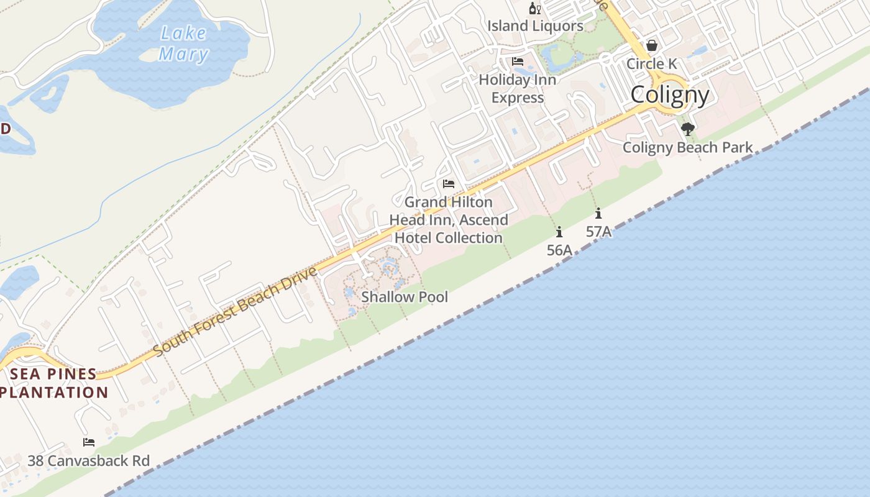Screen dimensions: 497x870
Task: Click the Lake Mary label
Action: click(x=183, y=43)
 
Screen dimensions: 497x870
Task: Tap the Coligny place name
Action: click(x=670, y=95)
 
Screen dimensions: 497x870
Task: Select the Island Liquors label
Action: click(x=535, y=26)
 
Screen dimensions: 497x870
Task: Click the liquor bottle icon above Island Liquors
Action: click(x=534, y=9)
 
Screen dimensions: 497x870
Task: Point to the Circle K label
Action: click(x=651, y=63)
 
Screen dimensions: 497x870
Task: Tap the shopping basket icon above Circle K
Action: click(x=651, y=45)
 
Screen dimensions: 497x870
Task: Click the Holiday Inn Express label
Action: click(x=517, y=89)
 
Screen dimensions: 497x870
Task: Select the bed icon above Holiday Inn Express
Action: click(x=517, y=62)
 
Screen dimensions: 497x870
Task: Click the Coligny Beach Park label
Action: click(x=687, y=148)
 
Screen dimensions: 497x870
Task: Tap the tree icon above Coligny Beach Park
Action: click(x=687, y=129)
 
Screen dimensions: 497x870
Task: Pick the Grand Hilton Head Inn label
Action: click(x=449, y=220)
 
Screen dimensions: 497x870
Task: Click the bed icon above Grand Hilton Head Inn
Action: click(x=449, y=184)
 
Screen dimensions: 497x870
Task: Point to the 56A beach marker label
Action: click(x=559, y=250)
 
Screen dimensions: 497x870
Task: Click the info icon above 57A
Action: click(x=598, y=214)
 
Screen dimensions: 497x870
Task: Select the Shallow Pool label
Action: click(x=405, y=297)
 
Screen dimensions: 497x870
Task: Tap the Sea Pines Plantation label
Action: click(x=54, y=383)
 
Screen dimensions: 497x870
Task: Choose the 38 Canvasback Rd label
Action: click(x=89, y=461)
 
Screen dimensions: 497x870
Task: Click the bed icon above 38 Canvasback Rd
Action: click(x=89, y=442)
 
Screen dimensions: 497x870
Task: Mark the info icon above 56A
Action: click(x=559, y=232)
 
